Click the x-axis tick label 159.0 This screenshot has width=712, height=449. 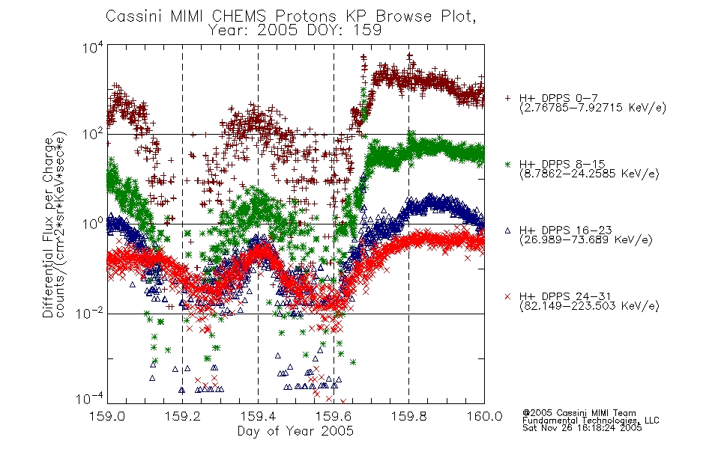coord(107,416)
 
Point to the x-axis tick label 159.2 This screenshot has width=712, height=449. coord(183,416)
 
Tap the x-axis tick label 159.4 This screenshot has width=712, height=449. coord(258,416)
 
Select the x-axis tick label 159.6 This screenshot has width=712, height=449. coord(334,416)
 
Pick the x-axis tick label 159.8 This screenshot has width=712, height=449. coord(408,416)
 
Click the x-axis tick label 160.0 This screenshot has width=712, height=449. coord(484,416)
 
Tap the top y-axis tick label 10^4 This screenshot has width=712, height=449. coord(93,48)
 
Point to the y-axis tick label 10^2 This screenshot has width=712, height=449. coord(93,134)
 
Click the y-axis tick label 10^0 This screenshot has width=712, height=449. coord(93,224)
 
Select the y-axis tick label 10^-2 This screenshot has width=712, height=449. coord(89,313)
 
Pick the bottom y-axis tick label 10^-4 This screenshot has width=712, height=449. coord(89,399)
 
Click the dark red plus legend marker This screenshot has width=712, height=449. coord(507,98)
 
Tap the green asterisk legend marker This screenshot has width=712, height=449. coord(507,164)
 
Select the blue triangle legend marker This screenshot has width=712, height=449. coord(507,230)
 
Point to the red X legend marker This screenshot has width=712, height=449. coord(507,296)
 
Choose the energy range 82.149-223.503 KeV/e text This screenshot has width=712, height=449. coord(589,306)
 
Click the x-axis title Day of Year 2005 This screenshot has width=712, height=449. coord(295,431)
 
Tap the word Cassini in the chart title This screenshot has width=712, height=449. coord(135,16)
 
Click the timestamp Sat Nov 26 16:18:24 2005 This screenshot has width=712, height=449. coord(582,428)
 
